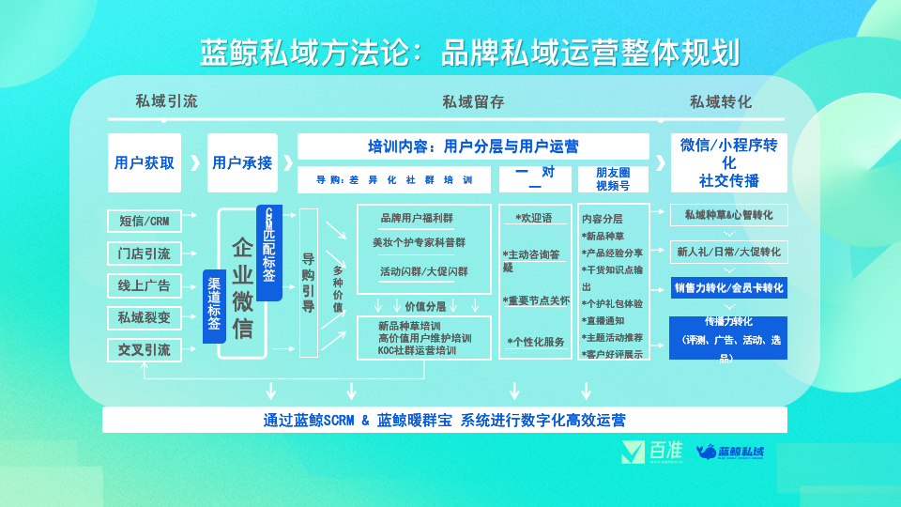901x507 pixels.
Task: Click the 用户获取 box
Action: click(144, 162)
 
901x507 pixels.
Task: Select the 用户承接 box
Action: click(242, 162)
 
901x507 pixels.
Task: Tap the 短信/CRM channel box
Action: click(144, 221)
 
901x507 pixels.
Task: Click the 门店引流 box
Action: click(144, 253)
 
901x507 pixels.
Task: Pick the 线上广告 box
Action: click(144, 285)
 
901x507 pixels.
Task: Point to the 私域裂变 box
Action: click(144, 317)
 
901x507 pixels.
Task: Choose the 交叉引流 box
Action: click(144, 349)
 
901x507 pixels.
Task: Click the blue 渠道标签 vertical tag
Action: click(214, 306)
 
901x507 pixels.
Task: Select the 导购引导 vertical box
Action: click(308, 282)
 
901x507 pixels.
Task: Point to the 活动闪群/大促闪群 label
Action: click(423, 271)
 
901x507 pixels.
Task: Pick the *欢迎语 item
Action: click(533, 218)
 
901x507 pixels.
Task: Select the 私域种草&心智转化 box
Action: click(728, 215)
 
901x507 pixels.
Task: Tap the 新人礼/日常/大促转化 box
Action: click(728, 252)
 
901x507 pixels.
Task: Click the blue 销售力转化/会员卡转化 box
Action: click(728, 287)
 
